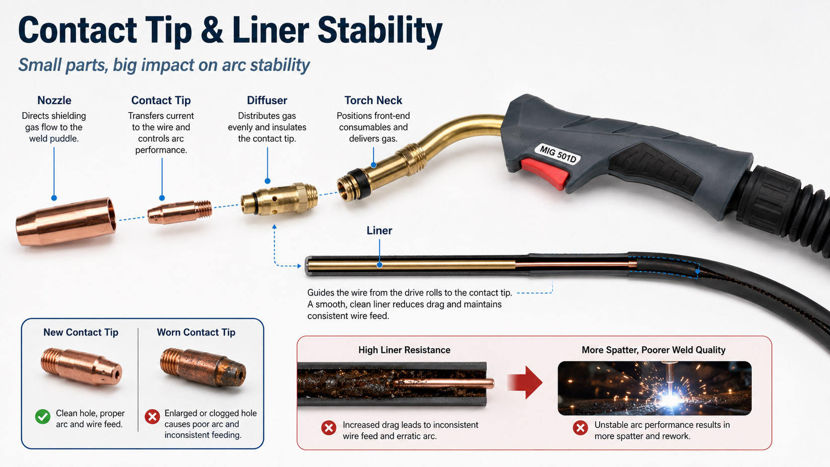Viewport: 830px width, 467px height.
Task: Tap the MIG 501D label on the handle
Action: click(557, 154)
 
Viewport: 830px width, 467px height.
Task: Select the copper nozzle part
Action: click(66, 221)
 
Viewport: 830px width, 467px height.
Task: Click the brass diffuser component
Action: click(279, 199)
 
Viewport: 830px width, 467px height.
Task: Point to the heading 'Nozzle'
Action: click(54, 100)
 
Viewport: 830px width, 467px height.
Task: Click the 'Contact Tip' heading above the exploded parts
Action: click(161, 100)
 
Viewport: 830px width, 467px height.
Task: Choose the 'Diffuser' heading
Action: click(267, 100)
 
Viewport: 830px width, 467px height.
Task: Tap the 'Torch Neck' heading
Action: click(373, 100)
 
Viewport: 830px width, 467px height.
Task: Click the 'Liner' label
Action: click(379, 230)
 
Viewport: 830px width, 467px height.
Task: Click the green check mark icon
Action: click(43, 417)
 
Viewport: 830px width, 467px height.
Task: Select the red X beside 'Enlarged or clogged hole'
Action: click(152, 417)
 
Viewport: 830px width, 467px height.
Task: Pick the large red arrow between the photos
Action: click(525, 382)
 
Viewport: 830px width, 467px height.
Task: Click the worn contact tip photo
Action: click(203, 367)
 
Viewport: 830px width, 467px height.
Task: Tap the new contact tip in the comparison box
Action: click(81, 366)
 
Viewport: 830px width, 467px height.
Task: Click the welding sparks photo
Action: click(654, 388)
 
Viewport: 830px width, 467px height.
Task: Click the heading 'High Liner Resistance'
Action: click(404, 350)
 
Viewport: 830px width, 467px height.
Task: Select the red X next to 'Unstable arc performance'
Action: click(580, 428)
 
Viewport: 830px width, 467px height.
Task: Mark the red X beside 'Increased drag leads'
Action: click(329, 428)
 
